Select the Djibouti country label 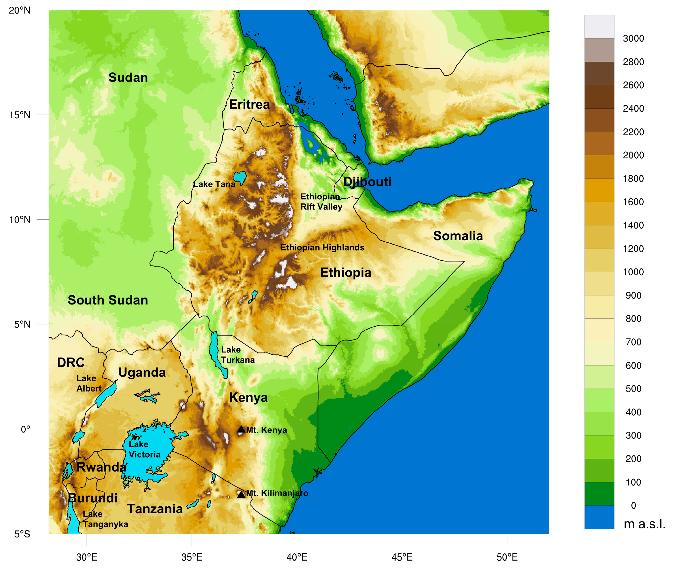pos(367,182)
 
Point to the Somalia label pos(458,236)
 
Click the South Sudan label pos(108,300)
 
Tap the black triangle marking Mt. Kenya pos(241,429)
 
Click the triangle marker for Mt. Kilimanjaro pos(241,494)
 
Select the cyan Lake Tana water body pos(240,177)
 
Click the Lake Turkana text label pos(238,354)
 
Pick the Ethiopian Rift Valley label pos(321,202)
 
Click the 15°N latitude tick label pos(20,115)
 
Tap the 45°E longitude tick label pos(402,557)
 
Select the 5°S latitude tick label pos(22,534)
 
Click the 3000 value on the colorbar pos(633,38)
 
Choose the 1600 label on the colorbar pos(633,202)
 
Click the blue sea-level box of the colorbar pos(599,517)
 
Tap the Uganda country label pos(142,373)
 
